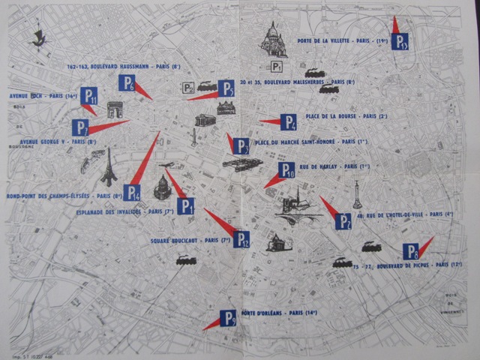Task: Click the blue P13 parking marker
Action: tap(400, 41)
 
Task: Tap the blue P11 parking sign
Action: tap(89, 95)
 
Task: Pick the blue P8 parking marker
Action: tap(410, 251)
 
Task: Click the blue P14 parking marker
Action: tap(132, 192)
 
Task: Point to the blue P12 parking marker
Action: tap(241, 238)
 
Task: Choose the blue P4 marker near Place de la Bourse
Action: tap(289, 121)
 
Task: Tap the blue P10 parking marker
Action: tap(286, 170)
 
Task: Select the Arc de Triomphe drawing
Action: tap(115, 109)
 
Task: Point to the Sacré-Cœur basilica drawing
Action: tap(273, 40)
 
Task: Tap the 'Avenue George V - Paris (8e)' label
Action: tap(58, 141)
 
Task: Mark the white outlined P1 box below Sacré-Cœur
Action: tap(277, 67)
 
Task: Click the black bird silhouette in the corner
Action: tap(37, 39)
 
